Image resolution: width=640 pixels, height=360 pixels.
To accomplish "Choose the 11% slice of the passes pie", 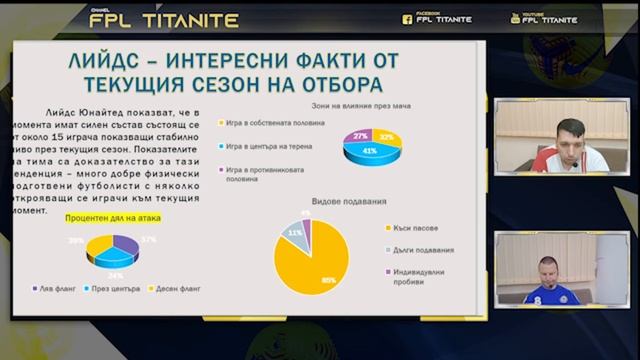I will [x=295, y=233].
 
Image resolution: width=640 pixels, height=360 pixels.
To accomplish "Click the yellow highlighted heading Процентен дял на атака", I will [x=112, y=217].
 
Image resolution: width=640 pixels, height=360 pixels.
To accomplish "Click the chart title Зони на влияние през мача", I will [x=355, y=104].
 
